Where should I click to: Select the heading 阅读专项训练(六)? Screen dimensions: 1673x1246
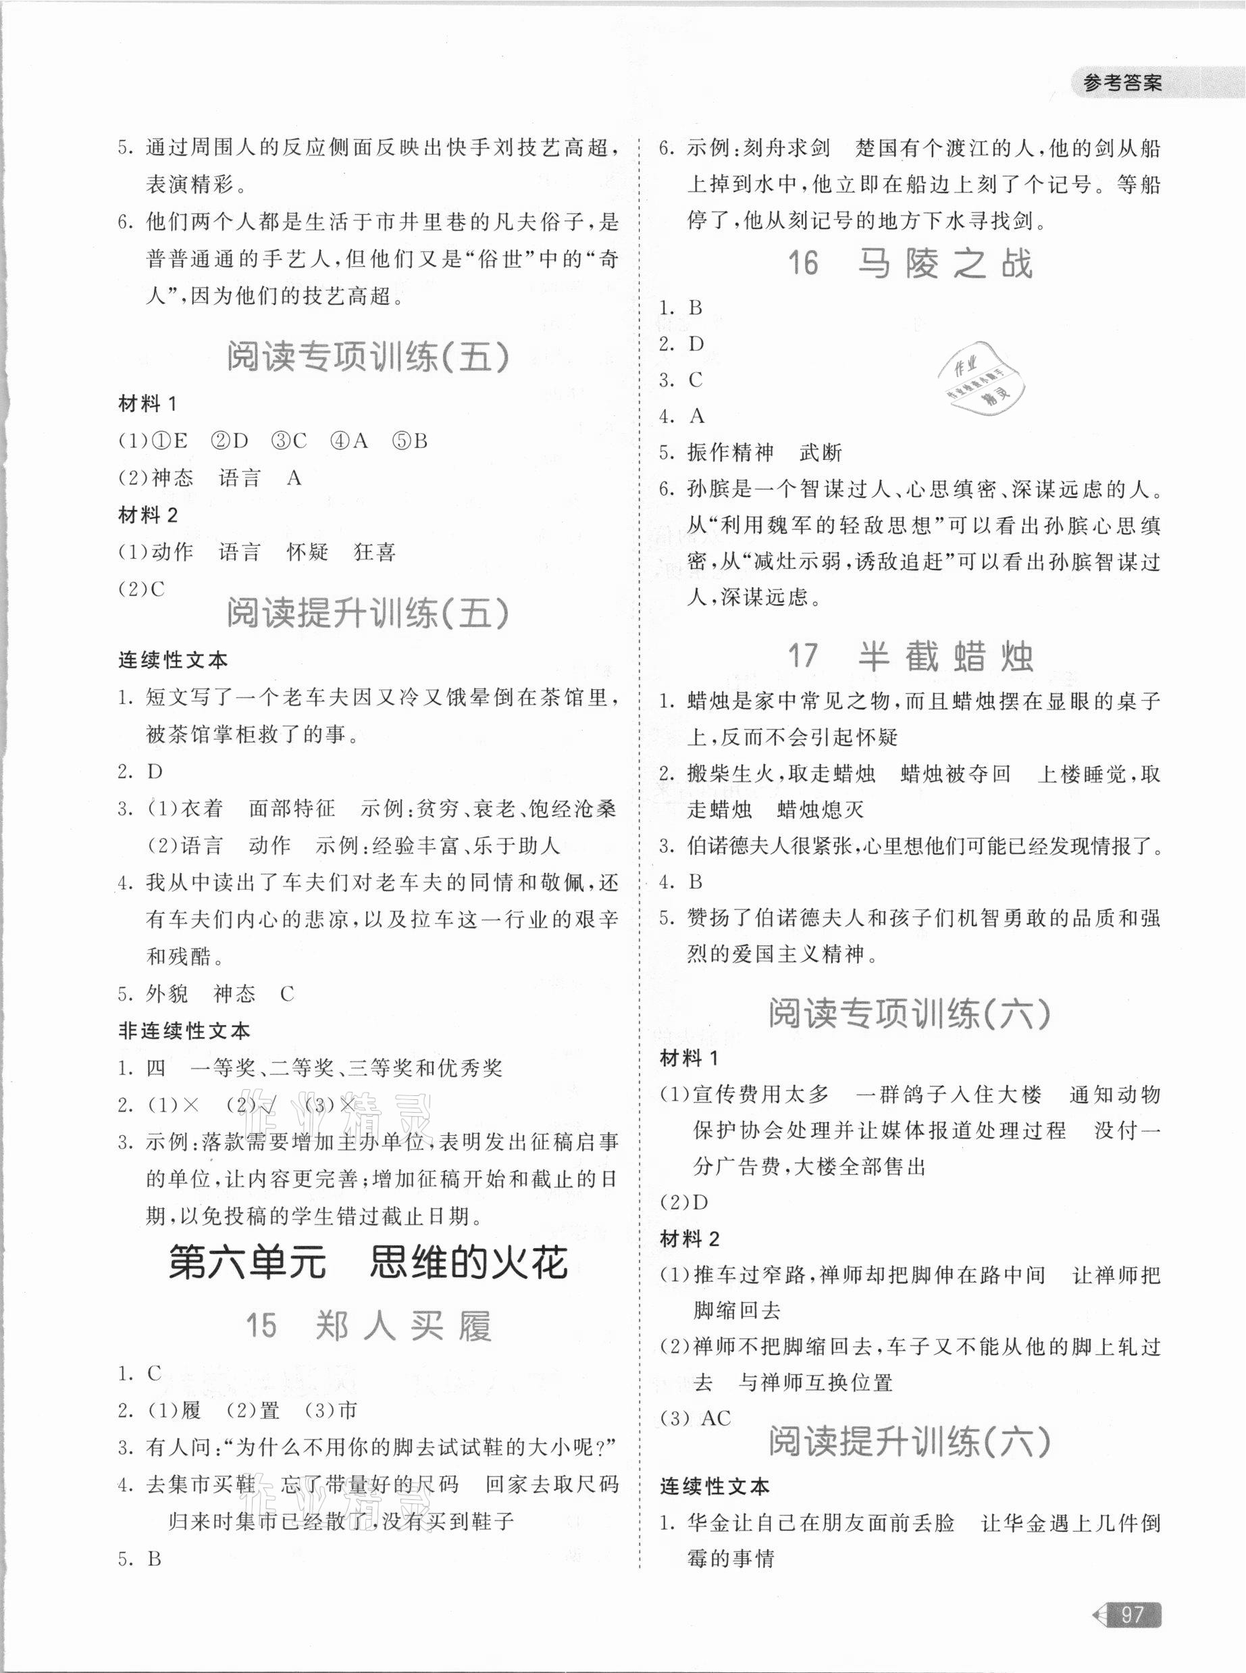910,1014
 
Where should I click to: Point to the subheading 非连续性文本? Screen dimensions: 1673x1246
184,1031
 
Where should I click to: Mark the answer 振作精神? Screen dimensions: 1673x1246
730,453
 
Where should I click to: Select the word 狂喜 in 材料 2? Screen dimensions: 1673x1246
374,553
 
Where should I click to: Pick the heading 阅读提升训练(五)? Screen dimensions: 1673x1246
367,614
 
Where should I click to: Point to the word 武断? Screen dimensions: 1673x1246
820,453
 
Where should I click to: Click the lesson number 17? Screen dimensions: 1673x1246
802,656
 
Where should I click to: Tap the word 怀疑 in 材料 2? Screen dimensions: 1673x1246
308,553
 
